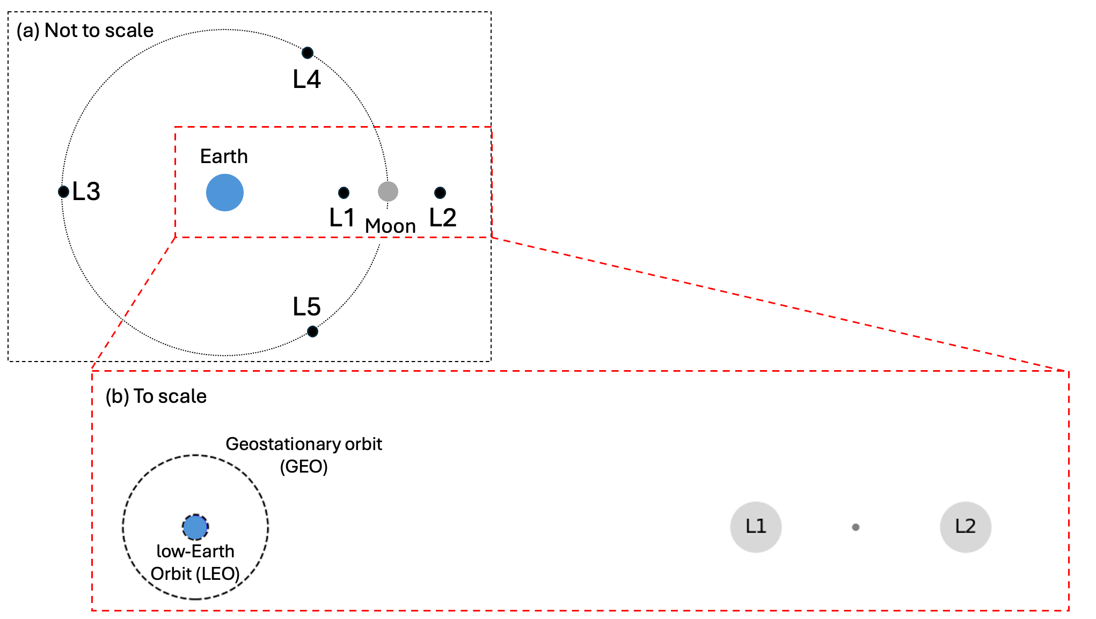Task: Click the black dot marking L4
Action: (308, 53)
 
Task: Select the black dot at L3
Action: (63, 191)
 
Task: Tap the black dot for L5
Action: (312, 331)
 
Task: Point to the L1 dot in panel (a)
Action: (344, 193)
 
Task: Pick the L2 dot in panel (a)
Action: (440, 193)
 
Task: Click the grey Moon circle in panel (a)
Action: (388, 191)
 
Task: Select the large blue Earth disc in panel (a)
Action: (225, 193)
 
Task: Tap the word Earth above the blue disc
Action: (224, 157)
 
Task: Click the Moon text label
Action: (390, 226)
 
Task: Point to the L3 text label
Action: (86, 191)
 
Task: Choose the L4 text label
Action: (306, 79)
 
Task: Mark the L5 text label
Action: (306, 307)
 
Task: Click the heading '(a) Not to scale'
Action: (85, 31)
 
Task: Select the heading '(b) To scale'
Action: (156, 396)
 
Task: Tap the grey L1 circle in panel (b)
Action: (756, 527)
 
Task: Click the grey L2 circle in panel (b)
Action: (966, 527)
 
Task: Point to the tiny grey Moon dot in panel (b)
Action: (856, 527)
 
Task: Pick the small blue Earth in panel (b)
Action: (195, 527)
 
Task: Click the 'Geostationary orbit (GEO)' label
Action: (304, 455)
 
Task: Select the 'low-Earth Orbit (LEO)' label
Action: (195, 563)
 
